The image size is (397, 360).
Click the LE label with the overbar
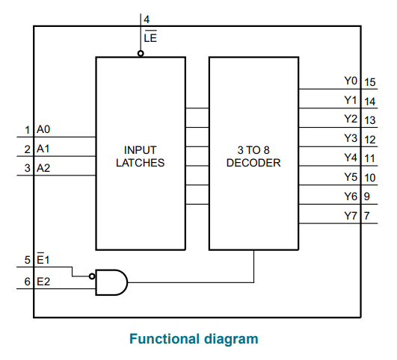coord(150,37)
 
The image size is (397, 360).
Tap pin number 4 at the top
coord(147,19)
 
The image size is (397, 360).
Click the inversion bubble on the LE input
coord(141,53)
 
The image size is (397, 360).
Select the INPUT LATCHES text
coord(141,156)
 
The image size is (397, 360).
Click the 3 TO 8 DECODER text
coord(253,156)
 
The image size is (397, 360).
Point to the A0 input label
coord(43,129)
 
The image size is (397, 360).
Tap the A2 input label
coord(43,168)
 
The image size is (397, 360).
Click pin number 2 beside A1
coord(28,149)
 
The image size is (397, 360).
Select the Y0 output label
coord(351,81)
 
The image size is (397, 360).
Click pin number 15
coord(370,82)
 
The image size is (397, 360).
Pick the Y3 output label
coord(351,138)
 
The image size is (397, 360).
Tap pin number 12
coord(370,140)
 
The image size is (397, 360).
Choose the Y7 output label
coord(351,216)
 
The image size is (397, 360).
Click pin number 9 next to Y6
coord(367,196)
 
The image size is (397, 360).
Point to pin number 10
coord(370,178)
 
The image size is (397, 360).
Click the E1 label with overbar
coord(43,259)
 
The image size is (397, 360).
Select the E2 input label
coord(43,282)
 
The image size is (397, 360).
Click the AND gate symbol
coord(111,282)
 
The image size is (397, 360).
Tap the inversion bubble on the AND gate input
coord(92,276)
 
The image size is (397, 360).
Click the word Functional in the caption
coord(164,338)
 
